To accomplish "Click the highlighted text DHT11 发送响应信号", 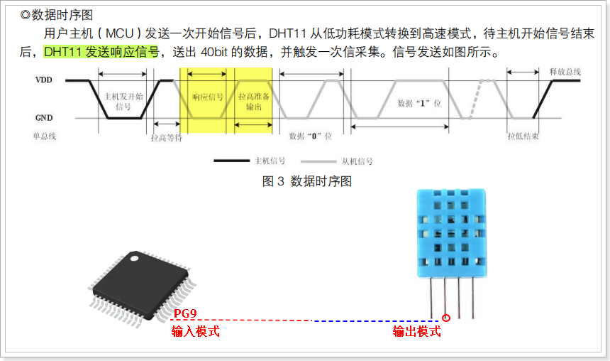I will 101,52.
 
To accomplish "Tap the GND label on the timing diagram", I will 43,118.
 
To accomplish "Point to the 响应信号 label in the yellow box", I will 208,97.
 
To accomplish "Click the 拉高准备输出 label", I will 253,101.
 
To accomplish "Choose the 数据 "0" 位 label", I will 311,135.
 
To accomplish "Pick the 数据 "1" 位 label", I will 419,104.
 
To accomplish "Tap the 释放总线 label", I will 565,72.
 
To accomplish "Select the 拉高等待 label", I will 167,137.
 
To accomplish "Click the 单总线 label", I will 43,135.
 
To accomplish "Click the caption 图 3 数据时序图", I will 306,181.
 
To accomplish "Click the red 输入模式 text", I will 195,331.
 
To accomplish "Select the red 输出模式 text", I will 417,331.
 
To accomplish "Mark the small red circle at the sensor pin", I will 446,318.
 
